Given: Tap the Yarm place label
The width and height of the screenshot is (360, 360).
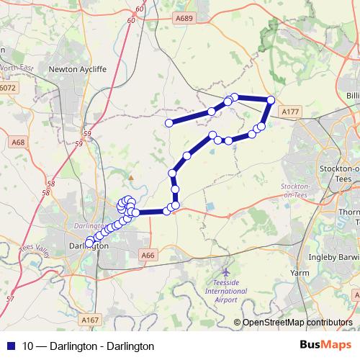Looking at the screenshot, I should pyautogui.click(x=299, y=274).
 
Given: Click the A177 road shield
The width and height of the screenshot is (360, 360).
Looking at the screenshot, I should pyautogui.click(x=290, y=112).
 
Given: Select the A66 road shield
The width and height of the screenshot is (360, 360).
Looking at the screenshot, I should pyautogui.click(x=148, y=254).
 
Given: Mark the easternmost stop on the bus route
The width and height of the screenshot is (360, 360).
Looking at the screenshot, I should pyautogui.click(x=271, y=100).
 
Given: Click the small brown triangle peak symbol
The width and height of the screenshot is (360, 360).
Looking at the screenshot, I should pyautogui.click(x=131, y=176).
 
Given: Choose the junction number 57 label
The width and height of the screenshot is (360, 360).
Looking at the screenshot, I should pyautogui.click(x=9, y=298).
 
